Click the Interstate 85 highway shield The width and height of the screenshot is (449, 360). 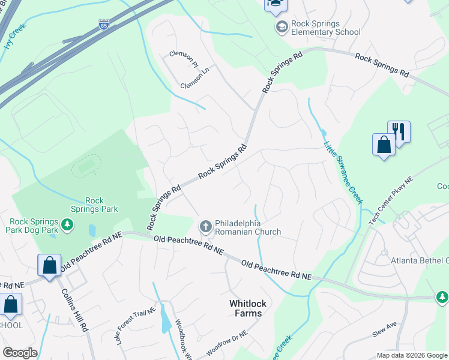(x=103, y=25)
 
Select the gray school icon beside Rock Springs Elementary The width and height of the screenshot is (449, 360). (x=281, y=27)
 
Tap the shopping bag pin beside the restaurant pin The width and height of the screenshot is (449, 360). (x=384, y=145)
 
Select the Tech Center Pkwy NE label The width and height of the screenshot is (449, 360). (x=391, y=200)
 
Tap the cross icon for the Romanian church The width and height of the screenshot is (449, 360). (x=205, y=226)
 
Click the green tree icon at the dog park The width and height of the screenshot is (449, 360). (x=68, y=224)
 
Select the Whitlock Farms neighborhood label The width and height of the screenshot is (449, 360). (x=246, y=308)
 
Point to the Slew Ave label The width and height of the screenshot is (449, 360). (x=385, y=329)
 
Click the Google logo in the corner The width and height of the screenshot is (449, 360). (x=20, y=353)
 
